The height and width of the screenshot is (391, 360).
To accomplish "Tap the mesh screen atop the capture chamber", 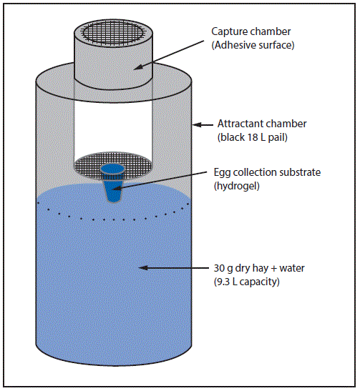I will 113,31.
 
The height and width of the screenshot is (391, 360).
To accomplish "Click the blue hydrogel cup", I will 113,182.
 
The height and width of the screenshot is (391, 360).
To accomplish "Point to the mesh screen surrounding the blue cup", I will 89,167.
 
